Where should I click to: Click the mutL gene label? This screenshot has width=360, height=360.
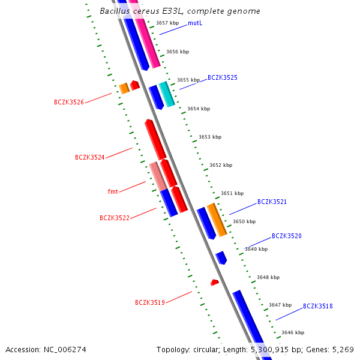click(x=194, y=23)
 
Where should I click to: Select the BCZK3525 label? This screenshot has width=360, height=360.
click(x=223, y=77)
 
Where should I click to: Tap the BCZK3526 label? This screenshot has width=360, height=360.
click(x=69, y=103)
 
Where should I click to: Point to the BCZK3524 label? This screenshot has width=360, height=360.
click(x=90, y=157)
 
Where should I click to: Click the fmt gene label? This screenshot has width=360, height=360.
click(x=113, y=191)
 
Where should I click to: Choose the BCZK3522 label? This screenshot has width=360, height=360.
click(x=115, y=218)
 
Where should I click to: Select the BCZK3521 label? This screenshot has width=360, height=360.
click(x=272, y=202)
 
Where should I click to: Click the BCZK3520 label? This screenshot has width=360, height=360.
click(x=286, y=236)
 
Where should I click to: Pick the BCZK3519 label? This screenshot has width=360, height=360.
click(x=150, y=302)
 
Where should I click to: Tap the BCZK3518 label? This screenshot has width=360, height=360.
click(x=317, y=306)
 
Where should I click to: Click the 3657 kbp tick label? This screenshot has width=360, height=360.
click(x=167, y=23)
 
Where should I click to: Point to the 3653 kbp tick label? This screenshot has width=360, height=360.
click(x=210, y=137)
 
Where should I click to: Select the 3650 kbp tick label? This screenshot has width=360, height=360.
click(x=244, y=221)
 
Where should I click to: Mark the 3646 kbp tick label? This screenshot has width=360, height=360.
click(x=293, y=332)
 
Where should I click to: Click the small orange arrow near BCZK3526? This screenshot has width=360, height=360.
click(x=124, y=88)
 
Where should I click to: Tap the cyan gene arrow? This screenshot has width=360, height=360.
click(x=167, y=94)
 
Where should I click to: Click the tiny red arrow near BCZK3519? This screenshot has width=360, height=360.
click(x=214, y=282)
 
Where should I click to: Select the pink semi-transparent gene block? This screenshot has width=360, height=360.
click(x=158, y=176)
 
